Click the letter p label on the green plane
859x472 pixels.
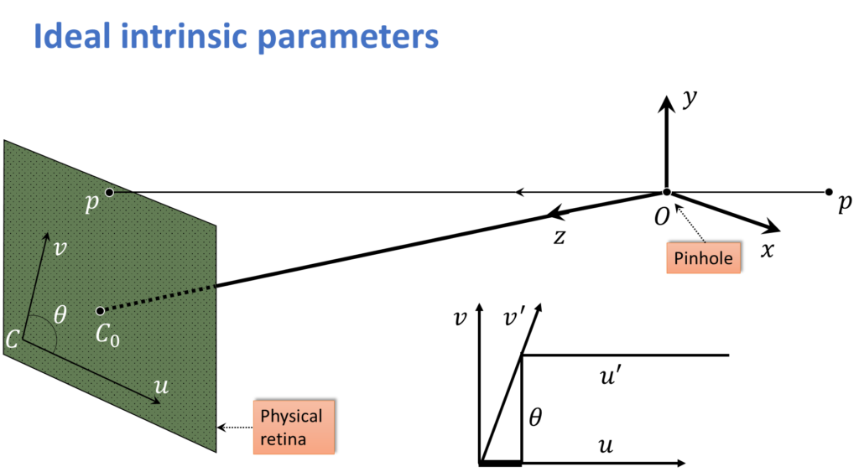tap(92, 204)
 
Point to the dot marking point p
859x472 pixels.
tap(109, 193)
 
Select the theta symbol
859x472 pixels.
tap(60, 315)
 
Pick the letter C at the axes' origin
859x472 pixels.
tap(13, 340)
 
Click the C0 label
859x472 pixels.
tap(107, 335)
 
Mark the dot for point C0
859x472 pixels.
tap(100, 311)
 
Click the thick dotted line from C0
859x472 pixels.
tap(159, 298)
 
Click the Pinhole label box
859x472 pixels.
tap(703, 258)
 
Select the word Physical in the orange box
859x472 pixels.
tap(291, 416)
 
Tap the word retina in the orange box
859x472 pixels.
tap(283, 438)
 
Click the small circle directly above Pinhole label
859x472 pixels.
tap(667, 192)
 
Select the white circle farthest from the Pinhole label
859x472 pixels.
tap(829, 192)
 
